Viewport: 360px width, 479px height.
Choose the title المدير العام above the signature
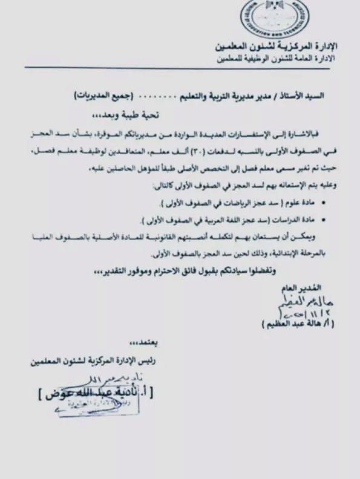[x=300, y=287]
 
